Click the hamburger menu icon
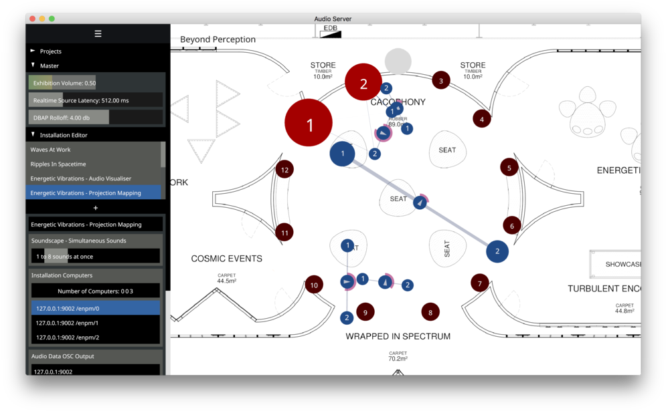click(x=98, y=33)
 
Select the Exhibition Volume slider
click(x=95, y=83)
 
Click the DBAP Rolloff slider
click(x=95, y=118)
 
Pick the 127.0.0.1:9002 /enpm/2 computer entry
click(x=95, y=337)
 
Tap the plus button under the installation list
click(x=95, y=208)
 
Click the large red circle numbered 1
click(x=309, y=124)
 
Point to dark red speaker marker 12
click(x=284, y=170)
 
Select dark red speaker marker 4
click(x=482, y=120)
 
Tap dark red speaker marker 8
click(x=430, y=311)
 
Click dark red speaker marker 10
click(x=314, y=285)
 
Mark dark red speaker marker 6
click(x=512, y=226)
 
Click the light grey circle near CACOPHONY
click(x=398, y=61)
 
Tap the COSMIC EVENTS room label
click(x=226, y=259)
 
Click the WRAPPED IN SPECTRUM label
click(x=398, y=336)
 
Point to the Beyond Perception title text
click(x=218, y=39)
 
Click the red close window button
click(x=32, y=19)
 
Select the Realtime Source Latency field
click(x=95, y=100)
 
